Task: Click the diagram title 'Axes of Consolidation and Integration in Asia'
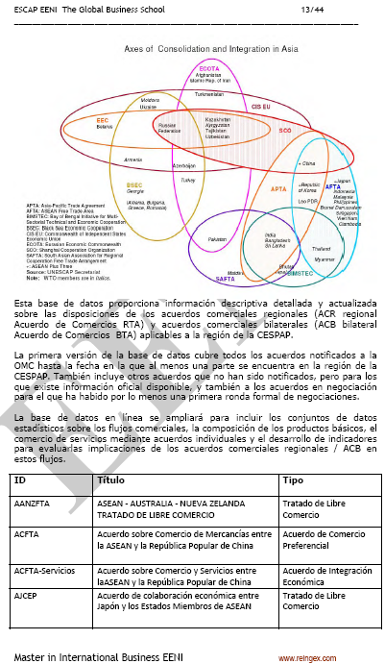(192, 46)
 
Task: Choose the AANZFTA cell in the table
(36, 503)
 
